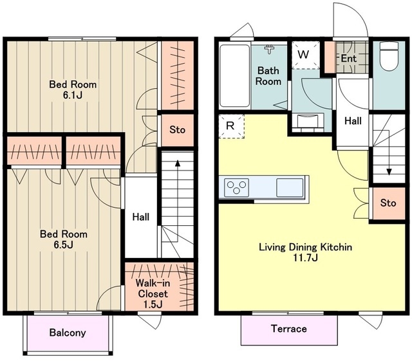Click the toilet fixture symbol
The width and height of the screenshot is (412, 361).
coord(389,56)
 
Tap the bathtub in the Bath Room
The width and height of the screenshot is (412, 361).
coord(234,76)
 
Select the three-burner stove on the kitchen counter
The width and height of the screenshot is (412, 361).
coord(236,187)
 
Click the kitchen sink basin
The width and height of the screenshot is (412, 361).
coord(290,187)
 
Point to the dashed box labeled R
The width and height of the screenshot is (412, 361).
coord(232,126)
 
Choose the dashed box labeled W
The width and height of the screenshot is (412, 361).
coord(306,55)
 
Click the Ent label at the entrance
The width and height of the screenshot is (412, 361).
coord(348,59)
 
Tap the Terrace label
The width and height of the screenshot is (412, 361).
coord(289,329)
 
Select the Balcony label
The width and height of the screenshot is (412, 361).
coord(68,333)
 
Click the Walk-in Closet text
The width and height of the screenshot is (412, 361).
coord(153,288)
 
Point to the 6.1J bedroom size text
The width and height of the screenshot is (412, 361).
coord(73,95)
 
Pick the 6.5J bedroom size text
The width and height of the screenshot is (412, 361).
coord(63,245)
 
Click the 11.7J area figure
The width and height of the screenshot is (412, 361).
coord(306,258)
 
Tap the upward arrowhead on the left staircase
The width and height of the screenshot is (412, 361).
coord(178,163)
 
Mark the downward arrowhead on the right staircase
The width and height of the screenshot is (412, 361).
coord(389,172)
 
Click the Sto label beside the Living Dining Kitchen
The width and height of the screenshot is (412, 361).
coord(388,203)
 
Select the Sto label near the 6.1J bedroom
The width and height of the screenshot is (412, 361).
coord(177,129)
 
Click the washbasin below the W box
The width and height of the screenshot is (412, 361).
coord(308,121)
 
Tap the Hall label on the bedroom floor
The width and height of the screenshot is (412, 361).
coord(141,217)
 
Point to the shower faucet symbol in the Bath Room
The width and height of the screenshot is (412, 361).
coord(269,49)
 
